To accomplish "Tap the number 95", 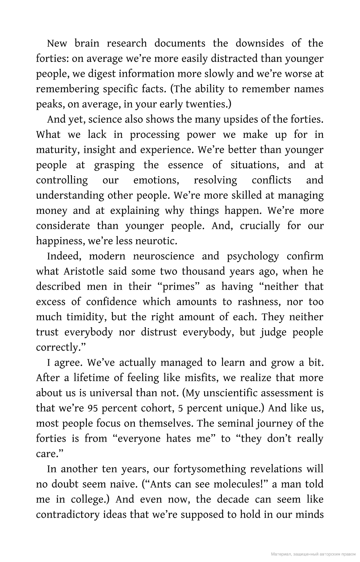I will tap(93, 408).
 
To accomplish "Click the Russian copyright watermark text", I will tap(313, 554).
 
